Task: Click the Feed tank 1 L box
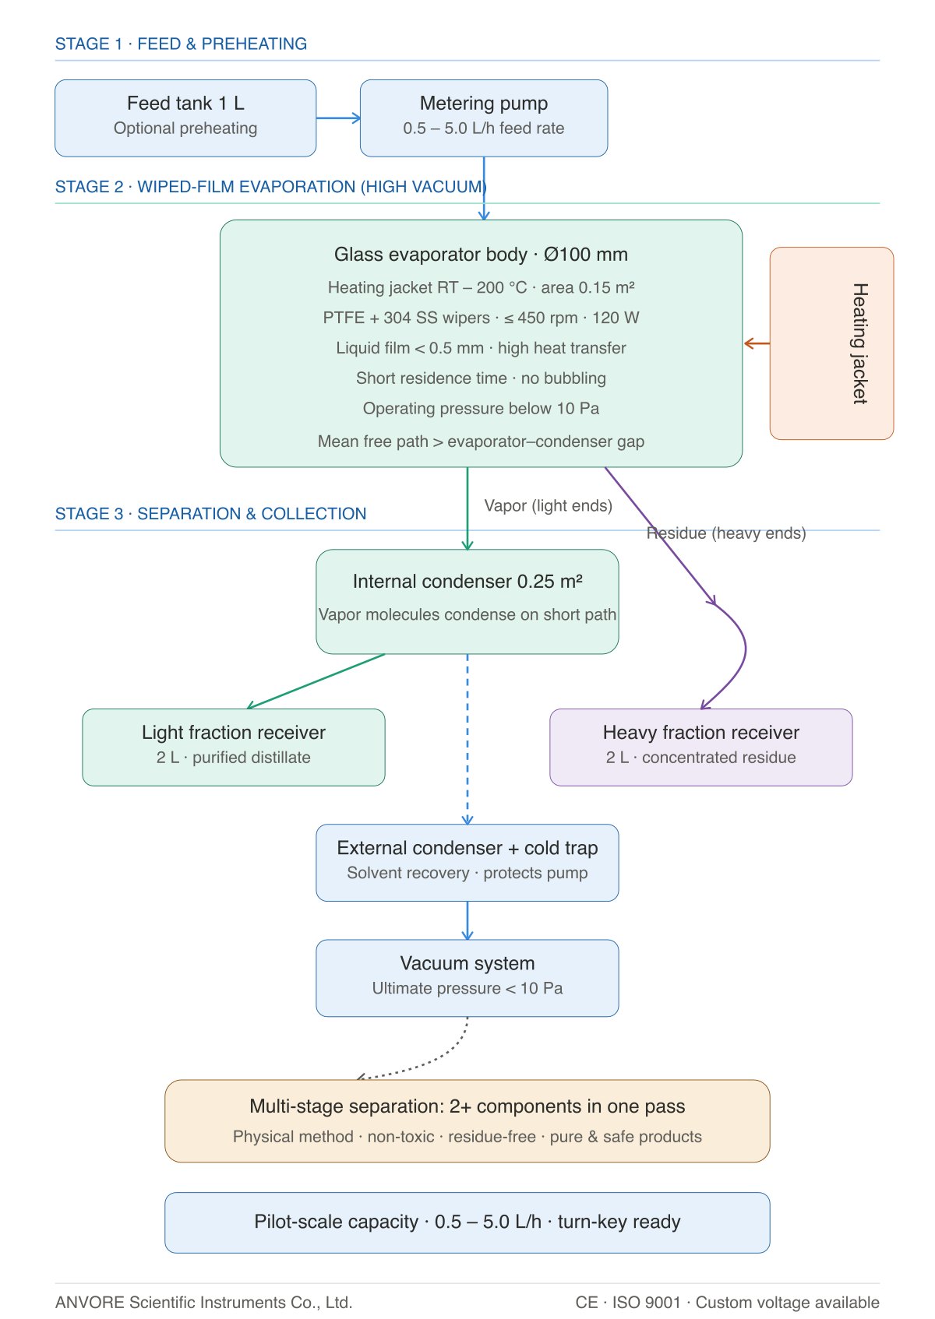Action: coord(185,118)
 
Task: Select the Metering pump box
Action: coord(484,118)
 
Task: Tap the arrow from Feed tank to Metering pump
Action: coord(338,118)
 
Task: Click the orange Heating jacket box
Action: coord(831,343)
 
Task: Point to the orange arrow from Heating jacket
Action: coord(757,343)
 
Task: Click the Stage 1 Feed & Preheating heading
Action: coord(181,44)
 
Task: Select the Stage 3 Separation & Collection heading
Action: coord(210,513)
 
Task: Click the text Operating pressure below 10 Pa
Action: coord(481,408)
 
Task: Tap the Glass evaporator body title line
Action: coord(481,255)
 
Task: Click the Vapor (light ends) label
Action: coord(548,506)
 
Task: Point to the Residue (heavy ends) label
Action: coord(726,533)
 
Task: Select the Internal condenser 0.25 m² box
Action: coord(467,602)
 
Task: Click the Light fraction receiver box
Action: coord(233,747)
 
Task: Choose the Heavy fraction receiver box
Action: coord(700,747)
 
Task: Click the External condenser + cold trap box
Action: coord(467,863)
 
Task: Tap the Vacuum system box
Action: coord(467,978)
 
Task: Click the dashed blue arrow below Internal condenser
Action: coord(467,739)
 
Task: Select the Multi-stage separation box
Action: coord(467,1120)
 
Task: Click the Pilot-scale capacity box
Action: coord(467,1222)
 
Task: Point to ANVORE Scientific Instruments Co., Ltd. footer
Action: coord(204,1302)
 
